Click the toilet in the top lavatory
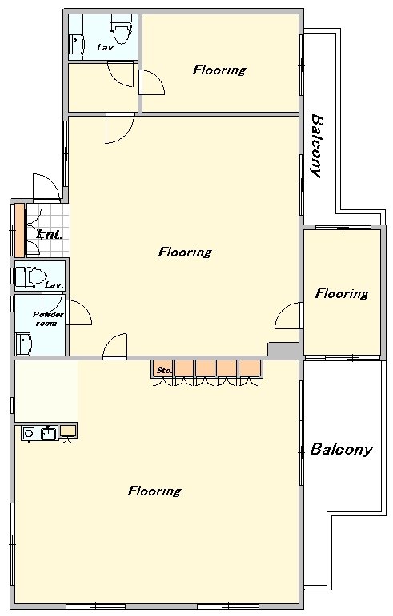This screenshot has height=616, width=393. click(120, 29)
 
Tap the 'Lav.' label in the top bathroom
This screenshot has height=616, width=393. click(106, 48)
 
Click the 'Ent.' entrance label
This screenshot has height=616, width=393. click(49, 235)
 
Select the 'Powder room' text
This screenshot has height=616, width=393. click(48, 319)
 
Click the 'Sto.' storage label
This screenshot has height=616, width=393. click(162, 370)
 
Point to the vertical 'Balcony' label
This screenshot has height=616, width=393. click(317, 145)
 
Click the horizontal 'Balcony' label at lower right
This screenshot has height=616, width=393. click(341, 450)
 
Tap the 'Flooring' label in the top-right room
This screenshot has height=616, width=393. click(219, 70)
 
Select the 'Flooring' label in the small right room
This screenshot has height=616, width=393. click(342, 293)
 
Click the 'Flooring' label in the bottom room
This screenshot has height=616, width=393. click(154, 491)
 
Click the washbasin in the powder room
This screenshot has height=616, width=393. click(23, 344)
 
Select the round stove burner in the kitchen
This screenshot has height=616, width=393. click(28, 433)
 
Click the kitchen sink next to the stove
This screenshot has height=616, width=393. click(49, 433)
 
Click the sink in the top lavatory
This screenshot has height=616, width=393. click(76, 44)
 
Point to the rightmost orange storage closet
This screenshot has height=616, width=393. click(250, 368)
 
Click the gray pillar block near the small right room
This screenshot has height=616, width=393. click(285, 351)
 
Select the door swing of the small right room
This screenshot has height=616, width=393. click(288, 316)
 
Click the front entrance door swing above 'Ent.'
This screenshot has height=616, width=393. click(46, 187)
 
